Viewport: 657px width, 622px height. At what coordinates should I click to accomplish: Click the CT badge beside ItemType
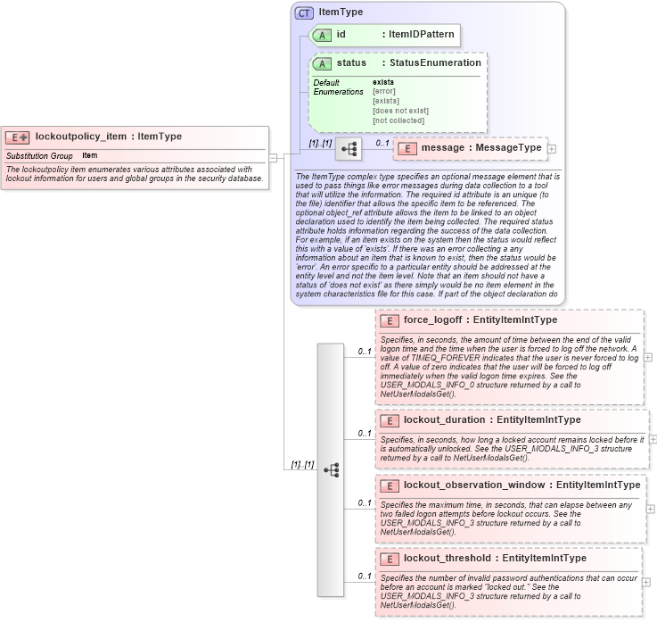coord(304,13)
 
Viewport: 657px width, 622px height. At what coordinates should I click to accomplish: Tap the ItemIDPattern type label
coord(420,35)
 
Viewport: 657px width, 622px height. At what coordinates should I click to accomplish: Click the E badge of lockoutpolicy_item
coord(18,137)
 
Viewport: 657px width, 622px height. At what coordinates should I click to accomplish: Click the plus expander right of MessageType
coord(551,148)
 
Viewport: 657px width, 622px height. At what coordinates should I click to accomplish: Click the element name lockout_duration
coord(444,419)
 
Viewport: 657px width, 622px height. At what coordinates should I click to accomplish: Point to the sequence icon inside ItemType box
coord(347,148)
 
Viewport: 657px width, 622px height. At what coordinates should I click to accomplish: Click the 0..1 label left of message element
coord(382,143)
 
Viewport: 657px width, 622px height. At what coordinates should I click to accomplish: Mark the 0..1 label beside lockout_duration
coord(365,433)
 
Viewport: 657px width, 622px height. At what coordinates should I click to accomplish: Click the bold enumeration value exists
coord(383,82)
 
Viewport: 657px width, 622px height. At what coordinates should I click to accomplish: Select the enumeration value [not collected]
coord(398,120)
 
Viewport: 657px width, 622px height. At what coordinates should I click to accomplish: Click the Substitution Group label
coord(39,156)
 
